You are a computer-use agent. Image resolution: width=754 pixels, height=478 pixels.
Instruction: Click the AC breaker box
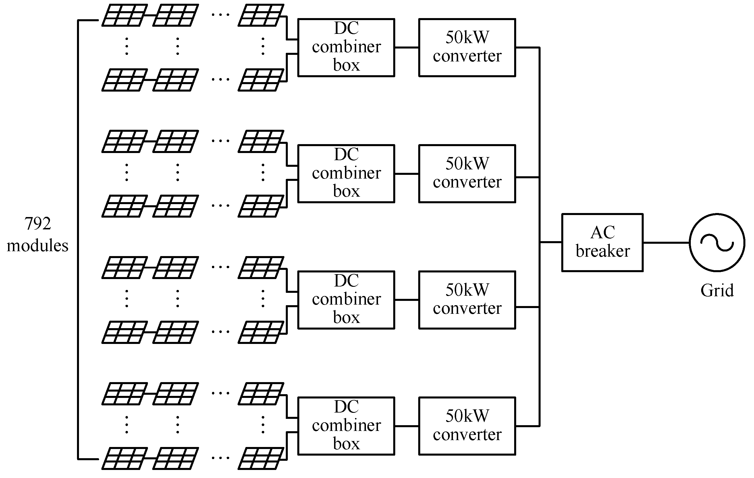602,242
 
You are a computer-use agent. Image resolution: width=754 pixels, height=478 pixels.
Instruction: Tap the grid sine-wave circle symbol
717,242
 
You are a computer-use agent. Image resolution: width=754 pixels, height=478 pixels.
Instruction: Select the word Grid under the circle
717,291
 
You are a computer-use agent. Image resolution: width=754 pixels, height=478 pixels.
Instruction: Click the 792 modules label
38,235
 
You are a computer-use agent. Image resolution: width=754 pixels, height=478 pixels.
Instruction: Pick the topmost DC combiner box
346,47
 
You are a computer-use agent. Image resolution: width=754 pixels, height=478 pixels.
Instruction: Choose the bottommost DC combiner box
346,426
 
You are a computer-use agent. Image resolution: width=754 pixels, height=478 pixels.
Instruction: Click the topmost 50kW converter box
467,47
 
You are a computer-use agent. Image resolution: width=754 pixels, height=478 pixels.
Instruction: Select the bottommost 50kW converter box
467,426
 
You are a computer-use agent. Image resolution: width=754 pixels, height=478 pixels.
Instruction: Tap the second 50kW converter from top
467,173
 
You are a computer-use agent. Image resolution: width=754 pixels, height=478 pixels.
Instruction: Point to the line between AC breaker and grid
666,242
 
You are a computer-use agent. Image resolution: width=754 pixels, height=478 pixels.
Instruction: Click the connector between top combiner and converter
406,48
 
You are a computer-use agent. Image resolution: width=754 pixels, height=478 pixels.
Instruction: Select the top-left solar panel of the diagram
124,15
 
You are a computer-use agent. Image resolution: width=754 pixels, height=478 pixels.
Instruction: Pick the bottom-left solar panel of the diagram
124,458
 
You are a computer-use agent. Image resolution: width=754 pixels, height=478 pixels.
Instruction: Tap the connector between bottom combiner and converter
406,426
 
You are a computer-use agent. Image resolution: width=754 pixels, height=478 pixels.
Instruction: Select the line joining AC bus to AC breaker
551,242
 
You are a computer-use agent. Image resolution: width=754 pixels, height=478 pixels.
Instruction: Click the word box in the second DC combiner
346,191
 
